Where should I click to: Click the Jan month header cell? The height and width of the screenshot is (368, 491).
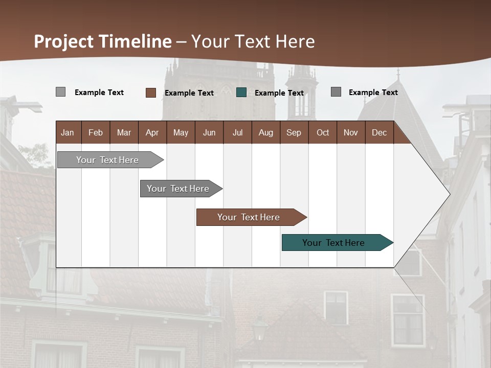tap(68, 132)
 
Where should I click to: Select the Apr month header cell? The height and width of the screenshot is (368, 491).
tap(152, 132)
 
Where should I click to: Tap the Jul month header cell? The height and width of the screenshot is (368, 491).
tap(237, 132)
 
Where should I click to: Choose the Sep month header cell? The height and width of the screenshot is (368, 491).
tap(294, 132)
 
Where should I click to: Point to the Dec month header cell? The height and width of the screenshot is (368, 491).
tap(379, 132)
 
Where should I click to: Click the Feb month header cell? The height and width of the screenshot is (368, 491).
tap(96, 132)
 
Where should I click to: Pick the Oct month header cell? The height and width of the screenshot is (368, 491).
tap(322, 132)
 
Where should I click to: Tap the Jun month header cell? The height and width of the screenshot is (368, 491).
tap(209, 132)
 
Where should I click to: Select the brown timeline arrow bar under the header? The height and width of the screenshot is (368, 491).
tap(249, 217)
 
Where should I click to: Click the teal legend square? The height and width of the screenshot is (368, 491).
tap(241, 93)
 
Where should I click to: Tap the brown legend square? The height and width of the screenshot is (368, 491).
tap(150, 93)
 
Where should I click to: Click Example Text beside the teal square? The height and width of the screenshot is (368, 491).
tap(279, 93)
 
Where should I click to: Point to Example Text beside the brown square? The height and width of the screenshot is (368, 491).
tap(189, 93)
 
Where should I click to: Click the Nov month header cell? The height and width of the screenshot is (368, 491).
tap(350, 132)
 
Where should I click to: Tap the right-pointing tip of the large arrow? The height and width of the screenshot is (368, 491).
tap(448, 194)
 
